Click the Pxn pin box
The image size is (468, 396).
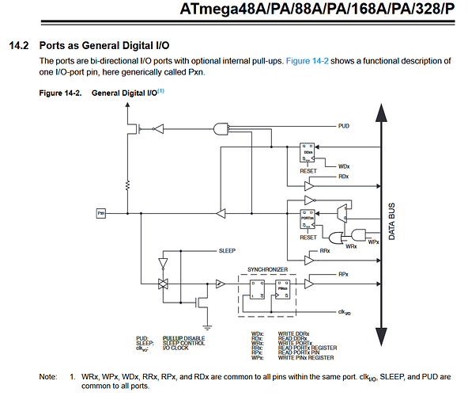pyautogui.click(x=101, y=213)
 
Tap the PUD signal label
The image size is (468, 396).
pyautogui.click(x=344, y=125)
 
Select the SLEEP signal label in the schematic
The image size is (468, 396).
pyautogui.click(x=228, y=249)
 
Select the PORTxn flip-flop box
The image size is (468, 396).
pyautogui.click(x=308, y=219)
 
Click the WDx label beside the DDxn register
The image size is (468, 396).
pyautogui.click(x=343, y=166)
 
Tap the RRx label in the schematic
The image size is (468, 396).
pyautogui.click(x=324, y=250)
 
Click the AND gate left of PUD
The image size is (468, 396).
pyautogui.click(x=221, y=128)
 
